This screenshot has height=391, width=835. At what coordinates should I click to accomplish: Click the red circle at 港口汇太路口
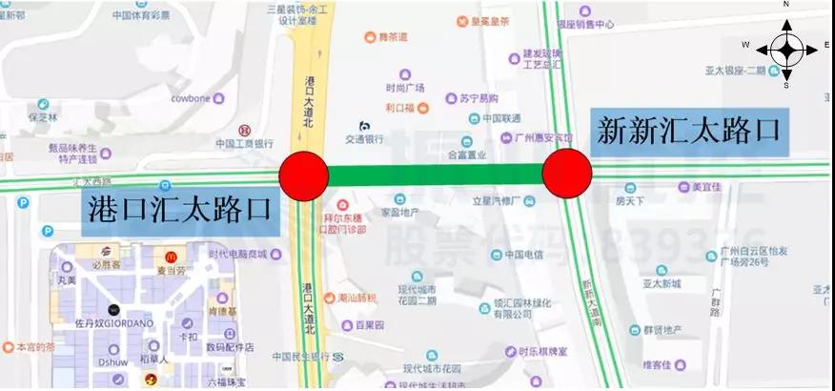304,176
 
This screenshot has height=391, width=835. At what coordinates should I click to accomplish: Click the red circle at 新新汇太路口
567,174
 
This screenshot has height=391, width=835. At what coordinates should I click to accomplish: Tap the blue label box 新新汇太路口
689,132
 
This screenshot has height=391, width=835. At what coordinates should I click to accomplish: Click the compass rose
786,46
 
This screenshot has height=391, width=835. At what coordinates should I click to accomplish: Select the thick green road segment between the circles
436,175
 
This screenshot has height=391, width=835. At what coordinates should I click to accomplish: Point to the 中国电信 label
523,255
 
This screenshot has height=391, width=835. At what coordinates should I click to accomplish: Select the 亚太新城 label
661,283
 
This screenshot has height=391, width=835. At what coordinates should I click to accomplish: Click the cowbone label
191,97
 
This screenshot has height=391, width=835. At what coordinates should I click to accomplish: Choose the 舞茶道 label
391,37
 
